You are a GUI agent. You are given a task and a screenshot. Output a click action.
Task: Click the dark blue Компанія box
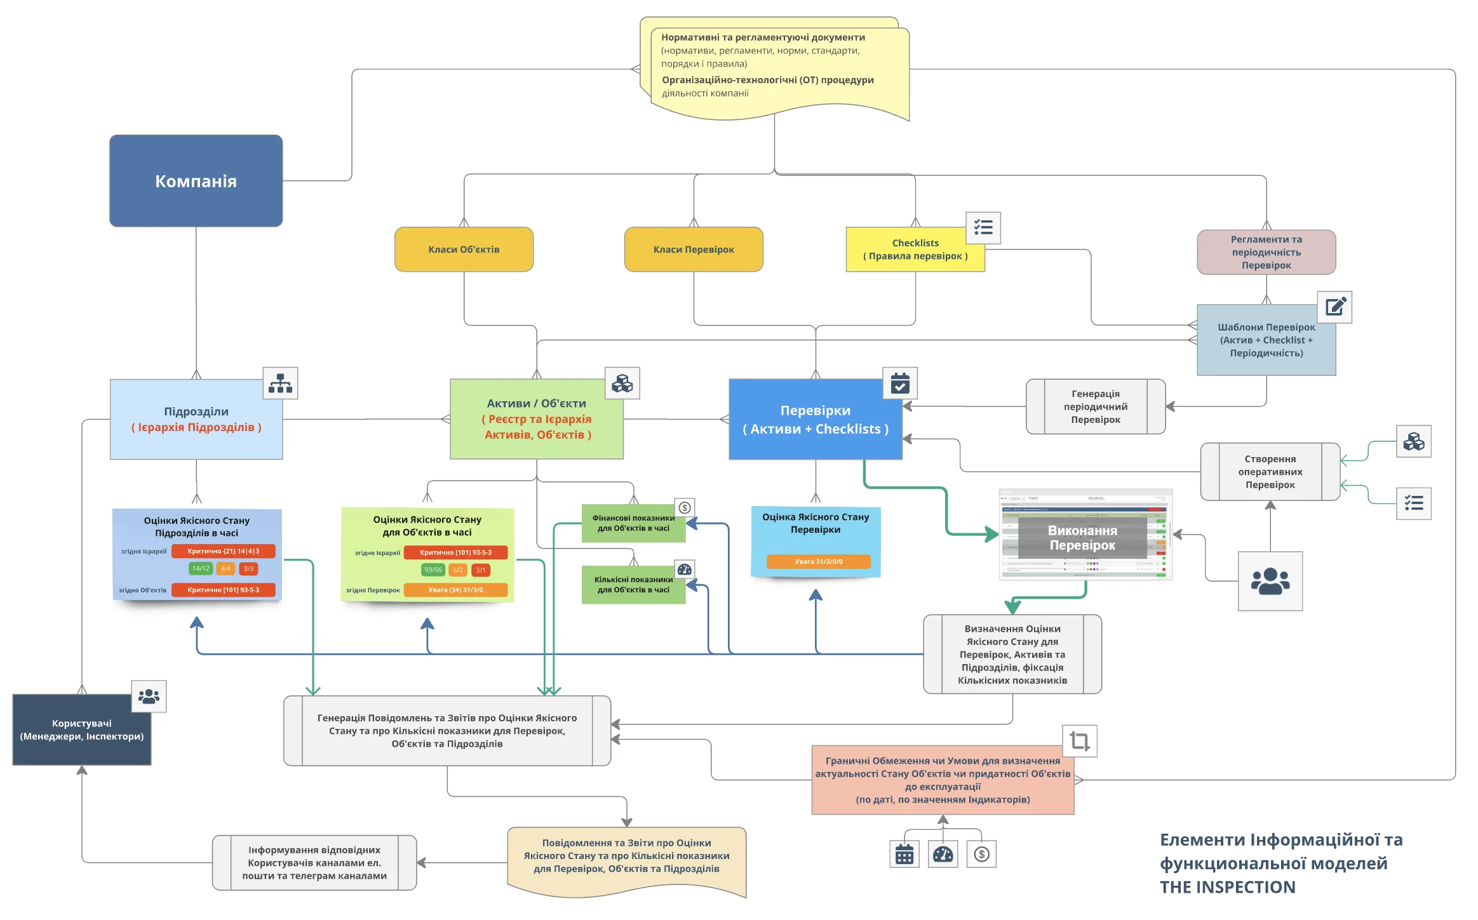pos(196,181)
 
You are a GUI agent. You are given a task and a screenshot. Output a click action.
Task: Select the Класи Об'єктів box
pos(464,250)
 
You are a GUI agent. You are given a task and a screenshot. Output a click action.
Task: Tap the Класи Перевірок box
pos(693,250)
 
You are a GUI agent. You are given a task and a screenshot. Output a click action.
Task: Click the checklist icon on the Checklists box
pos(983,227)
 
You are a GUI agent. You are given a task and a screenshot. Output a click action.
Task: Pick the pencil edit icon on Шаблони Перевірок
pos(1334,307)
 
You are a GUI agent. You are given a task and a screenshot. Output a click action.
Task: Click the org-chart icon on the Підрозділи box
pos(280,383)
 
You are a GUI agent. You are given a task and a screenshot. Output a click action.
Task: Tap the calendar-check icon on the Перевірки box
pos(899,383)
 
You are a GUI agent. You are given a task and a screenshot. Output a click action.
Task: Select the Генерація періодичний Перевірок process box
pos(1095,406)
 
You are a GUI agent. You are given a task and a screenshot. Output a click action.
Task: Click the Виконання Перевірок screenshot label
pos(1082,538)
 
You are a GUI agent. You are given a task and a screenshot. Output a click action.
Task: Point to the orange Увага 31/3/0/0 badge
pos(818,561)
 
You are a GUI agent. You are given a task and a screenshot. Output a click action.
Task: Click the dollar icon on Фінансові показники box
pos(684,507)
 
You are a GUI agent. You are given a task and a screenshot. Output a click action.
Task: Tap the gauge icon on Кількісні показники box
pos(684,570)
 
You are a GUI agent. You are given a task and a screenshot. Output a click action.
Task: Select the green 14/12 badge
pos(201,569)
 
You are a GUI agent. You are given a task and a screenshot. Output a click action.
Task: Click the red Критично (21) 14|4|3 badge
pos(224,551)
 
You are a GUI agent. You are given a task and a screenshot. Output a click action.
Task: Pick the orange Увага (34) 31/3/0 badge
pos(455,590)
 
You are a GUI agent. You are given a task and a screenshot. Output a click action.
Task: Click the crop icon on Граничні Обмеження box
pos(1079,741)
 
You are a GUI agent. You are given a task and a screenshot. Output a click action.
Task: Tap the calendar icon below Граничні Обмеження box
pos(904,855)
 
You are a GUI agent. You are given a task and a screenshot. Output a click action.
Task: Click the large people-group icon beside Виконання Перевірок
pos(1270,581)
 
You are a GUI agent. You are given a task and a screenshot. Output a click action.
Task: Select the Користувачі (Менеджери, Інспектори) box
pos(81,730)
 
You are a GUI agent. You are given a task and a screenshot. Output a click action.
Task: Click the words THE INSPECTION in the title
pos(1227,887)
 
